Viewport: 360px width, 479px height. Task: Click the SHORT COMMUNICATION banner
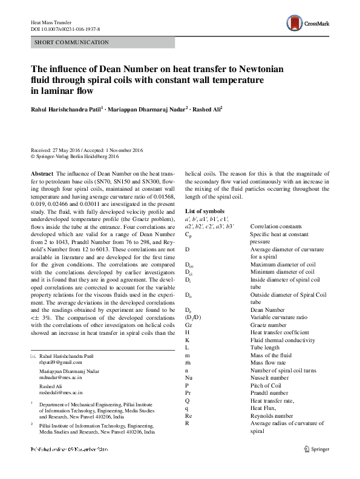pos(103,43)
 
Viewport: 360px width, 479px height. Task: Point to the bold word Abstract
pos(41,173)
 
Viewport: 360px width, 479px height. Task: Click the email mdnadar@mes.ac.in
pos(60,377)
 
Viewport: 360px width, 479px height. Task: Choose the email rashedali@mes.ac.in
pos(61,392)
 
